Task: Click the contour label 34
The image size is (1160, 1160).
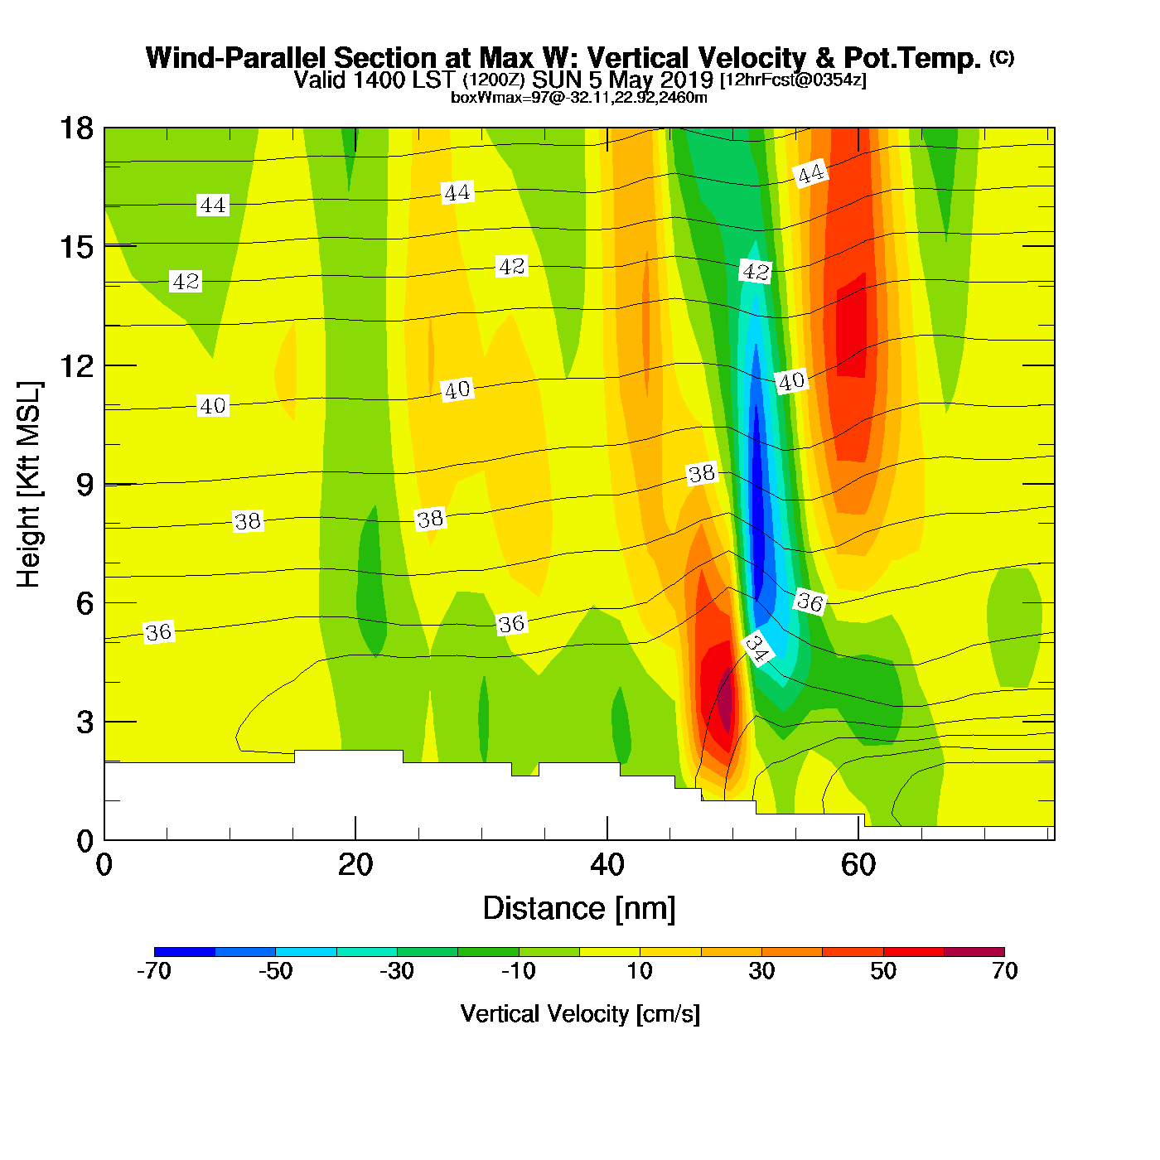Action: (x=756, y=648)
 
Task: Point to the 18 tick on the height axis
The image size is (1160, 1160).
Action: (x=75, y=128)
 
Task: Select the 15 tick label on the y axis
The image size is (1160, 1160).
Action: (x=75, y=247)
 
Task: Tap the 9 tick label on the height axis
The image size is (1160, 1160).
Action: (x=85, y=485)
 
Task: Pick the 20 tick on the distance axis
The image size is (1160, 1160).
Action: (x=355, y=865)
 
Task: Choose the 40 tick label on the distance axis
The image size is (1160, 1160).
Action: (x=607, y=865)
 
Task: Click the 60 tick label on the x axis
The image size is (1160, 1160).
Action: (x=858, y=865)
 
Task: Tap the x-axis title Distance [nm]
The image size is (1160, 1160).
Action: (x=579, y=909)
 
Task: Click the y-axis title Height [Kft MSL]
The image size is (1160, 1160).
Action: (x=29, y=485)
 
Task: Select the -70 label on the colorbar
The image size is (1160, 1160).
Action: (x=154, y=971)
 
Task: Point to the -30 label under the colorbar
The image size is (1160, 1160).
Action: (x=397, y=971)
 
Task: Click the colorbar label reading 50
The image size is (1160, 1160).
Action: (x=883, y=971)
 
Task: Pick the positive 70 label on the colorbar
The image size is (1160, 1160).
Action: (x=1004, y=971)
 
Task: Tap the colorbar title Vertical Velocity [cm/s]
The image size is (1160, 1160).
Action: (x=580, y=1014)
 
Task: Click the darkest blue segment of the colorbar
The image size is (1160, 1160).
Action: (x=185, y=952)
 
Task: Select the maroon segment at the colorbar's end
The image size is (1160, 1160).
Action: (x=974, y=952)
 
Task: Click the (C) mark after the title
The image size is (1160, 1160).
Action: (x=1002, y=57)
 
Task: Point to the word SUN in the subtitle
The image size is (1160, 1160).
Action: (x=558, y=80)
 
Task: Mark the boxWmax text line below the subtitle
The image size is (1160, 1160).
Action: (x=578, y=98)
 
